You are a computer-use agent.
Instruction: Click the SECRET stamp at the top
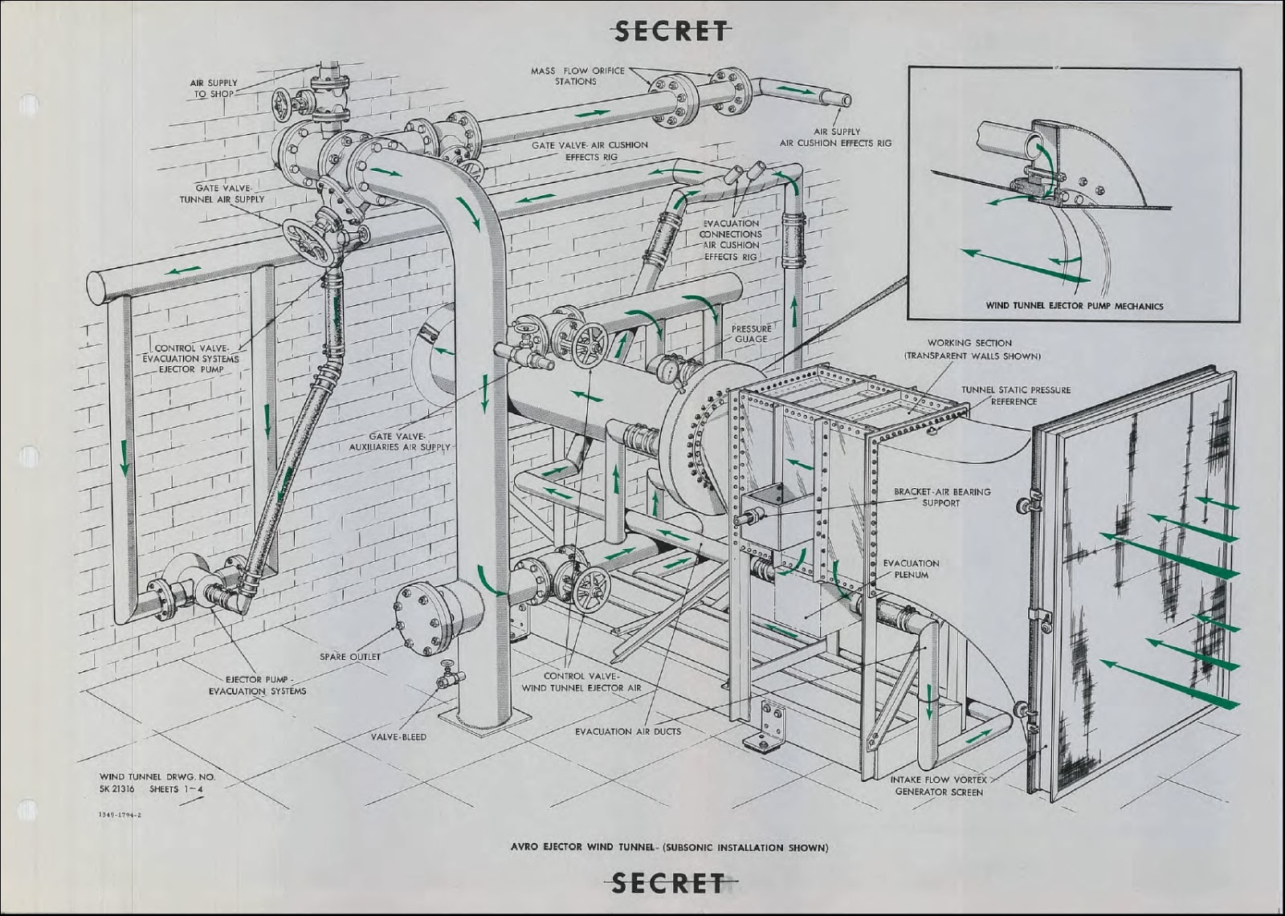coord(671,31)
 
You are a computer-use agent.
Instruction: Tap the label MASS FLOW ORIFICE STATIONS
coord(577,75)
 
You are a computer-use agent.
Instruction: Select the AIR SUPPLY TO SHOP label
coord(214,88)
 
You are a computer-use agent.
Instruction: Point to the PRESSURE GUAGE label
coord(751,334)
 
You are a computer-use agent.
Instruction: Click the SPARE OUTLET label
coord(350,657)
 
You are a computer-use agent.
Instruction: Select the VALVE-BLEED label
coord(398,737)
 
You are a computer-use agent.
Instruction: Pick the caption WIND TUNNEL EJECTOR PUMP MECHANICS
coord(1074,306)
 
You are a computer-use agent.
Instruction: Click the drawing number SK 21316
coord(116,789)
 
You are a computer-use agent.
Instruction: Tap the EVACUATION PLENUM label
coord(911,569)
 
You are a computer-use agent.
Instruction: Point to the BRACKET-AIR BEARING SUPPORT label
coord(942,497)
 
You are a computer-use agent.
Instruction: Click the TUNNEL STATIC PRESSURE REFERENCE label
coord(1016,396)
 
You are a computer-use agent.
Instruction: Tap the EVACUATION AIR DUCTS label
coord(627,731)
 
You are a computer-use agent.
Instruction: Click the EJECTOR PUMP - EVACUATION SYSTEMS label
coord(257,685)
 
